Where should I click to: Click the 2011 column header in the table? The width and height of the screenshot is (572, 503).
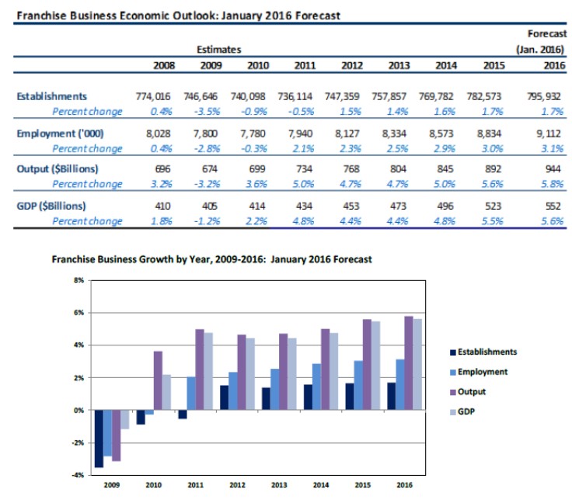tap(305, 65)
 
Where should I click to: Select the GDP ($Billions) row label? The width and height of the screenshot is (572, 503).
tap(53, 206)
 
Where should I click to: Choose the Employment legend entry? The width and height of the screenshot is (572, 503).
tap(482, 372)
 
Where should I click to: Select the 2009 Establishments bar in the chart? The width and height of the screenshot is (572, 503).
tap(99, 439)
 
